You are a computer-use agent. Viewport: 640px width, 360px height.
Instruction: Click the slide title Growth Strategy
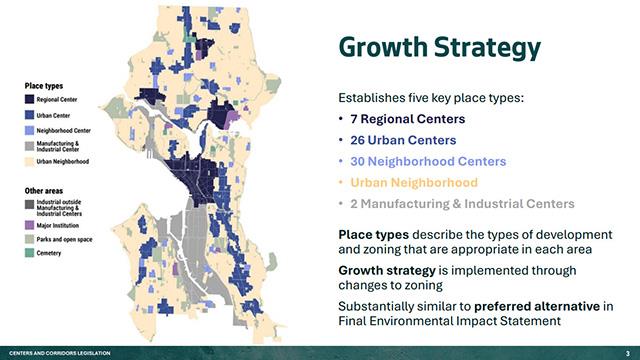439,47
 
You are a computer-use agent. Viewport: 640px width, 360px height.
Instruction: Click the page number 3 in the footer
627,353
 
